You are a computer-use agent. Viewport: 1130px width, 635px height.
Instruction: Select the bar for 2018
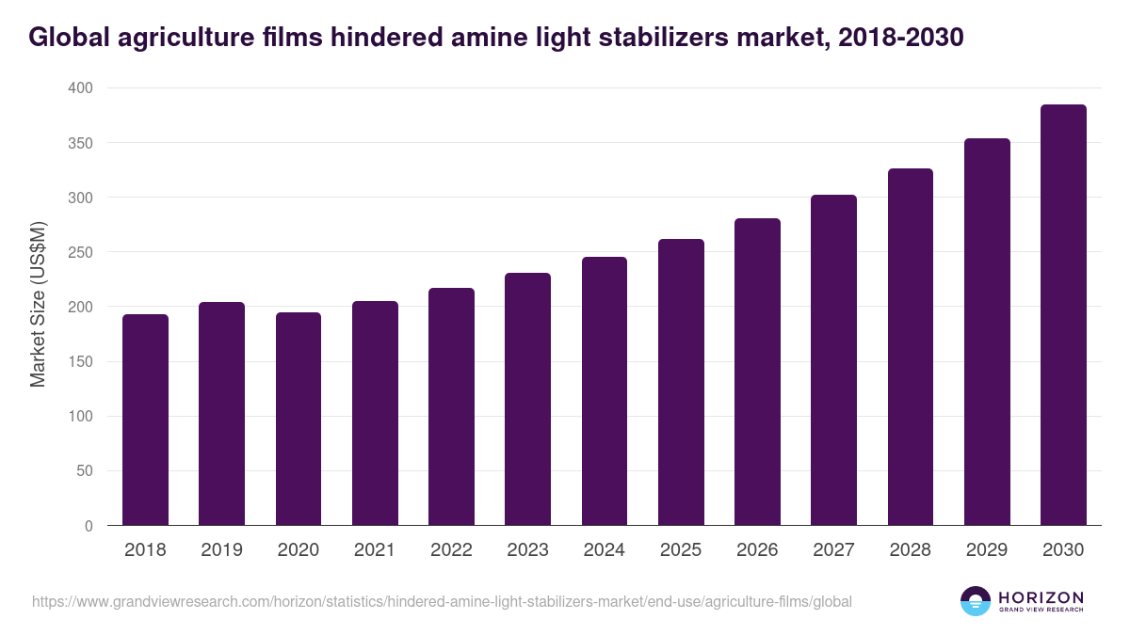(x=145, y=420)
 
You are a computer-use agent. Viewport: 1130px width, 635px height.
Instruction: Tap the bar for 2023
(x=527, y=399)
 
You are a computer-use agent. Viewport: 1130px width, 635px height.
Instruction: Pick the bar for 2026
(x=757, y=372)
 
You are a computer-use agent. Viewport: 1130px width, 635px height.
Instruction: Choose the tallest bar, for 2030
(x=1063, y=315)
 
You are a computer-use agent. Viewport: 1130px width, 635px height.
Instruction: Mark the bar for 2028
(x=911, y=347)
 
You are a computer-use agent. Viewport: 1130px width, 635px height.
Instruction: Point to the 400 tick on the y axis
(x=82, y=88)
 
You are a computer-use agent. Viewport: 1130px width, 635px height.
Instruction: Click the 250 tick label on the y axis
(x=82, y=252)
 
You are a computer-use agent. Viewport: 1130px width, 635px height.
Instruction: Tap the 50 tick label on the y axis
(x=86, y=471)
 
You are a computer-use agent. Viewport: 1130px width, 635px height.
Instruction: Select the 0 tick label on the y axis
(x=89, y=526)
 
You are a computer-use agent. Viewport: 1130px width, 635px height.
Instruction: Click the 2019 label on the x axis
(x=221, y=550)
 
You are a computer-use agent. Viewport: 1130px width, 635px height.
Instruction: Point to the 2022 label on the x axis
(x=451, y=550)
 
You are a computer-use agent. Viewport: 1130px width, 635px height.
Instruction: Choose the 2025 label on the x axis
(x=681, y=550)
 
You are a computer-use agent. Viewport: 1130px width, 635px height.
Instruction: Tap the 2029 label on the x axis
(x=987, y=550)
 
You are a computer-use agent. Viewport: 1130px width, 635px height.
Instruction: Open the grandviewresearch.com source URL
(x=442, y=601)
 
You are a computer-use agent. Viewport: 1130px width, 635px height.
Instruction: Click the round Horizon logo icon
(x=976, y=601)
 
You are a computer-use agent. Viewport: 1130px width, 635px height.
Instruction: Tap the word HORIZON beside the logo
(x=1041, y=596)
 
